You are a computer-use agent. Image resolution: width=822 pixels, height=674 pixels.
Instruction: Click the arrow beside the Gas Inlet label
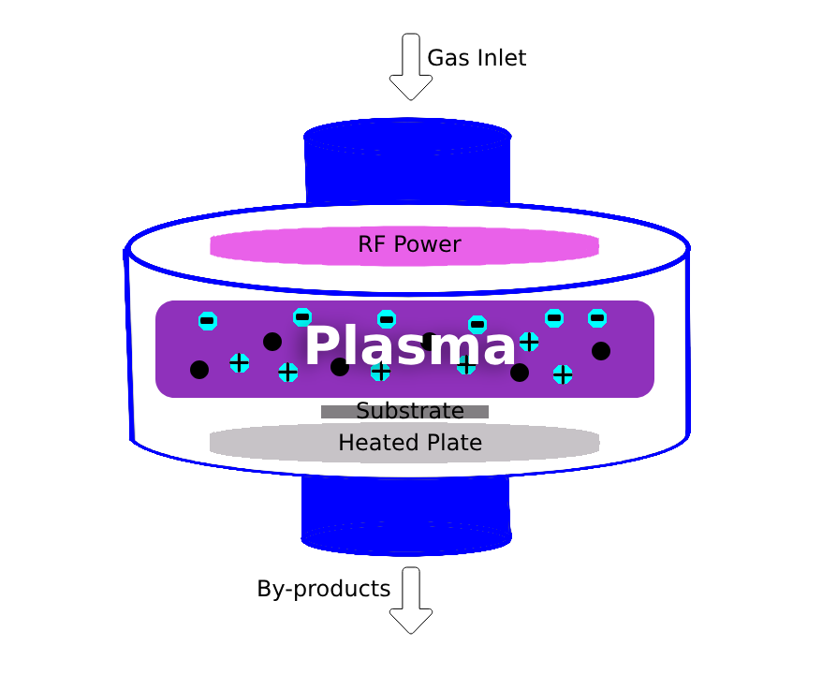click(410, 66)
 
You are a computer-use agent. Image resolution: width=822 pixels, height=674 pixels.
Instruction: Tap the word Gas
click(444, 58)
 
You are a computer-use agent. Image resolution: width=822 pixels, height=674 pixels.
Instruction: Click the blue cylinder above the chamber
click(407, 164)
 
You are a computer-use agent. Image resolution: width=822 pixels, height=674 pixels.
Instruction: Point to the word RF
click(372, 245)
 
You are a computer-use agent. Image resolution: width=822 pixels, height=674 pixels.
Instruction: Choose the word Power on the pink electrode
click(427, 245)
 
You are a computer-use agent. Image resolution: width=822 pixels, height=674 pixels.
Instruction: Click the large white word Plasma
click(409, 346)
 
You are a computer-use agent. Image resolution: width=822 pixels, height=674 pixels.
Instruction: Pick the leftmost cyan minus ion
click(208, 321)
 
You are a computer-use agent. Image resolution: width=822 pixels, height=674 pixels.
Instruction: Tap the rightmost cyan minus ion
click(597, 318)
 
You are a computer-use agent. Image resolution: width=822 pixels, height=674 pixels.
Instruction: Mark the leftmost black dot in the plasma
click(199, 370)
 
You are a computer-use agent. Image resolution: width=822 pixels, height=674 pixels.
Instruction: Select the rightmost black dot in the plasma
click(601, 351)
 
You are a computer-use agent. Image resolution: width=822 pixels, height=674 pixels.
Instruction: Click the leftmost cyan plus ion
click(240, 362)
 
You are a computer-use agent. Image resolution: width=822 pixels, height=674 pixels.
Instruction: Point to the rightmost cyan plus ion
click(563, 374)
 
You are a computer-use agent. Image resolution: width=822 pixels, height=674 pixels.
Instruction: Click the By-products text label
click(323, 589)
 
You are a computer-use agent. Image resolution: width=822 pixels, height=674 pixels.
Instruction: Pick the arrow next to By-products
click(411, 600)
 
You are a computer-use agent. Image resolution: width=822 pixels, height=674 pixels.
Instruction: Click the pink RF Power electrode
click(281, 246)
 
